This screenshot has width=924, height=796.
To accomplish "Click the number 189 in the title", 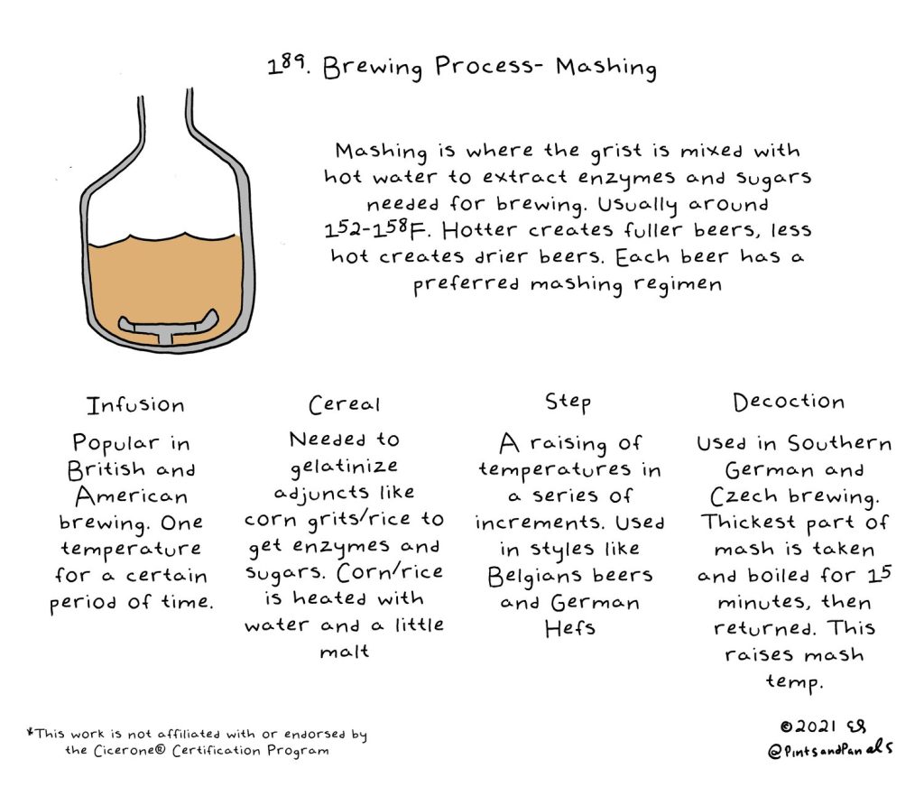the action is (x=287, y=64).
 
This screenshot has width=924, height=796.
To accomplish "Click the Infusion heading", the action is (x=135, y=405).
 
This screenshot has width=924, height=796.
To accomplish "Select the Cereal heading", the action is (x=345, y=404).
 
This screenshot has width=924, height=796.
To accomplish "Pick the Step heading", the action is (x=568, y=403).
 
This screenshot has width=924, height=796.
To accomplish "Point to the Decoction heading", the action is (x=789, y=402).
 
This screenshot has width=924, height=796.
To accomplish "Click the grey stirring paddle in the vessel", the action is (x=169, y=326).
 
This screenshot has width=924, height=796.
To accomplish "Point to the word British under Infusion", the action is (x=106, y=469).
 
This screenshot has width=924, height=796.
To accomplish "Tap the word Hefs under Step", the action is (x=570, y=628).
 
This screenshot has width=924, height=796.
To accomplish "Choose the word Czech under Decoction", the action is (x=744, y=496).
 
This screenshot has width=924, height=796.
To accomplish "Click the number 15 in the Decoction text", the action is (x=880, y=574).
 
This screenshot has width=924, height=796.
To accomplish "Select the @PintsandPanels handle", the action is (x=830, y=749).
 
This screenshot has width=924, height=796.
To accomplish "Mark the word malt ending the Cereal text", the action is (x=345, y=651).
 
